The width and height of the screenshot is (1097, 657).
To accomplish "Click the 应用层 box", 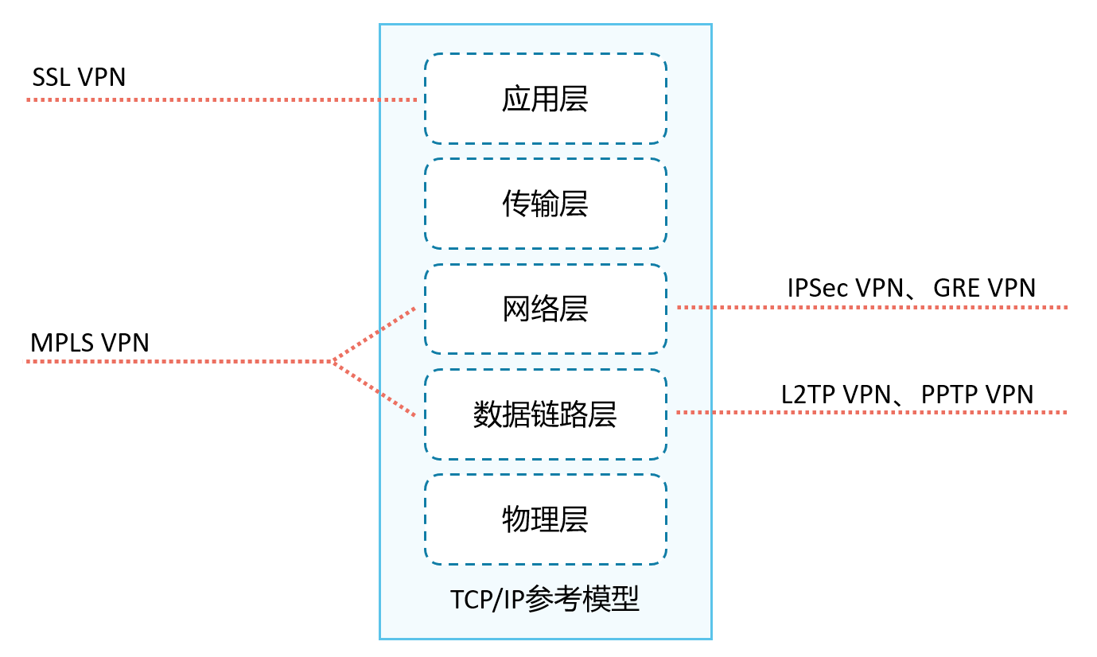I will click(x=545, y=99).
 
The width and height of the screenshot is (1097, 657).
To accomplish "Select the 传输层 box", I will click(x=545, y=204).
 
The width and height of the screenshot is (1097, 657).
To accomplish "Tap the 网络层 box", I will click(x=545, y=309).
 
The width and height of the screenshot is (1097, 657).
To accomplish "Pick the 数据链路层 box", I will click(x=545, y=414).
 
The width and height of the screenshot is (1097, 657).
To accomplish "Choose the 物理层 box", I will click(x=545, y=519).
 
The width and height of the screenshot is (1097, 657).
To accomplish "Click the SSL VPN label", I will click(x=79, y=77).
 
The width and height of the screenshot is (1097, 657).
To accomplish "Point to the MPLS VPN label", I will click(x=90, y=343).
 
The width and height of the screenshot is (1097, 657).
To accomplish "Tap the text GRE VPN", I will click(x=985, y=288).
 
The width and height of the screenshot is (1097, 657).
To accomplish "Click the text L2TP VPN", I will click(x=835, y=395).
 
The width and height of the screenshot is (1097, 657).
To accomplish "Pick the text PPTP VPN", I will click(x=978, y=395).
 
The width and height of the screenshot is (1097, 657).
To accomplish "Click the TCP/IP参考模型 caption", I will click(x=545, y=599).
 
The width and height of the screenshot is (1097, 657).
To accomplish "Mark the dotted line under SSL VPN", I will click(x=223, y=99).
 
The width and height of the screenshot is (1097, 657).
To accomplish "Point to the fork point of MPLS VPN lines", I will click(x=333, y=362).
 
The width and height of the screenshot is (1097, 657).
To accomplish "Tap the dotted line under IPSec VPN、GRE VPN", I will click(x=871, y=307).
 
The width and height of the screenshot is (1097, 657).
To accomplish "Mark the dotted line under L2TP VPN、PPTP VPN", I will click(x=871, y=412).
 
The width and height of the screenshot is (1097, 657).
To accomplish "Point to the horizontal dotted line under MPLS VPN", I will click(x=179, y=362).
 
